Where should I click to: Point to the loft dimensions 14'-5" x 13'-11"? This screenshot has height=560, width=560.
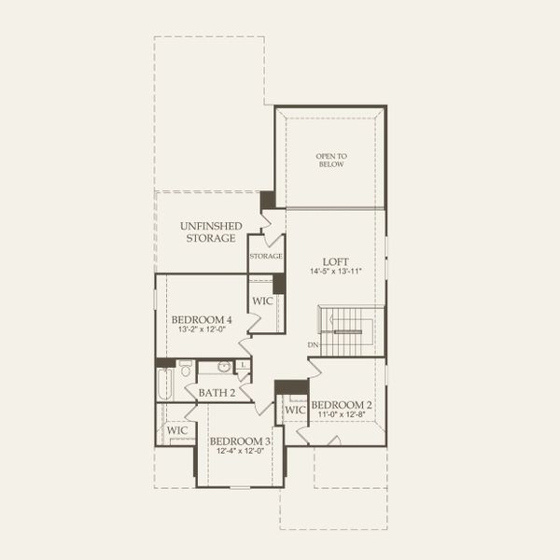coord(335,272)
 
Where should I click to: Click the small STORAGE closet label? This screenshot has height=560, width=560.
coord(266,256)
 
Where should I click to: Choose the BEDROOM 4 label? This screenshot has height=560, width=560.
coord(202,319)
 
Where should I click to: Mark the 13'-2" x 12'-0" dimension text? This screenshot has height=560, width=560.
coord(202,330)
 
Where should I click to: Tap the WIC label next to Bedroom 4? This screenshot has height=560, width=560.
coord(262,301)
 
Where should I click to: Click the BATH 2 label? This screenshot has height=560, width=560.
coord(217,393)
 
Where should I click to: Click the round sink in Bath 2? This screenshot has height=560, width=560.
coord(225,367)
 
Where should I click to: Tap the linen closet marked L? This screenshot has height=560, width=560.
coord(244,365)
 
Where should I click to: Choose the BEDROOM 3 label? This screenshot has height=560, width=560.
coord(240,441)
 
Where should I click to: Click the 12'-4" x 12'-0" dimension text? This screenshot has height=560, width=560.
coord(240,452)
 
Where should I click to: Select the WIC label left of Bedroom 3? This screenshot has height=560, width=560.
coord(176,430)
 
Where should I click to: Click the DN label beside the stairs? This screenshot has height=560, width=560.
coord(313,344)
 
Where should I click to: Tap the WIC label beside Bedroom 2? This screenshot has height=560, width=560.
coord(295,411)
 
